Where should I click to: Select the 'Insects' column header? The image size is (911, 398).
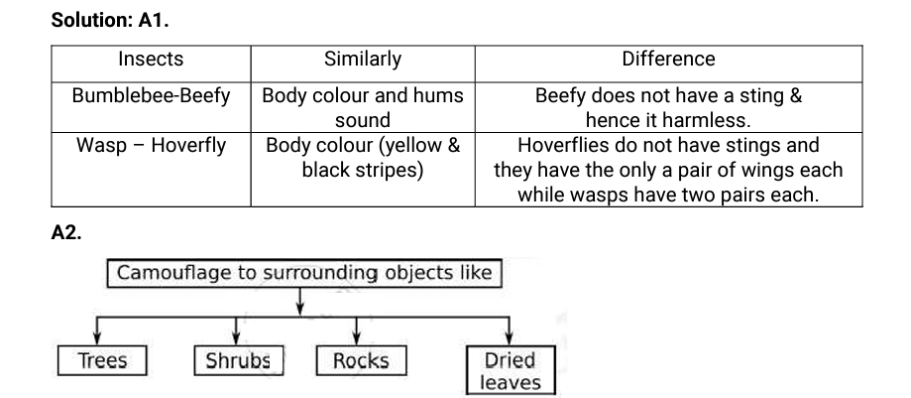click(x=151, y=60)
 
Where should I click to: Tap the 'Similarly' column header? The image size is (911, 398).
click(x=363, y=60)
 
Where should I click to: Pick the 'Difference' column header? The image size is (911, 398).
click(x=668, y=60)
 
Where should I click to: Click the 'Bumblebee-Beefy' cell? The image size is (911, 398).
click(x=151, y=96)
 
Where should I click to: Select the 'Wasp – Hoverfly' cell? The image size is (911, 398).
click(x=151, y=146)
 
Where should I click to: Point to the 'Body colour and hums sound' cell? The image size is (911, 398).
click(x=363, y=108)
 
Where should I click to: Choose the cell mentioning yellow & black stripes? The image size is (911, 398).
click(x=363, y=157)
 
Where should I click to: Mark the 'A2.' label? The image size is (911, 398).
click(x=66, y=234)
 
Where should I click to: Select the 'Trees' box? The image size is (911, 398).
click(x=102, y=360)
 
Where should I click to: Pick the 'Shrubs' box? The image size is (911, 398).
click(x=238, y=360)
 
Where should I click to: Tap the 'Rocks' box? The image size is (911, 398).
click(x=361, y=360)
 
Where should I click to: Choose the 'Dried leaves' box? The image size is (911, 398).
click(x=511, y=371)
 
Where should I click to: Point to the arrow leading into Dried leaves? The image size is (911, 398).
click(x=511, y=332)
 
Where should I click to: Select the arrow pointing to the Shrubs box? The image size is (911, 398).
click(x=234, y=332)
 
